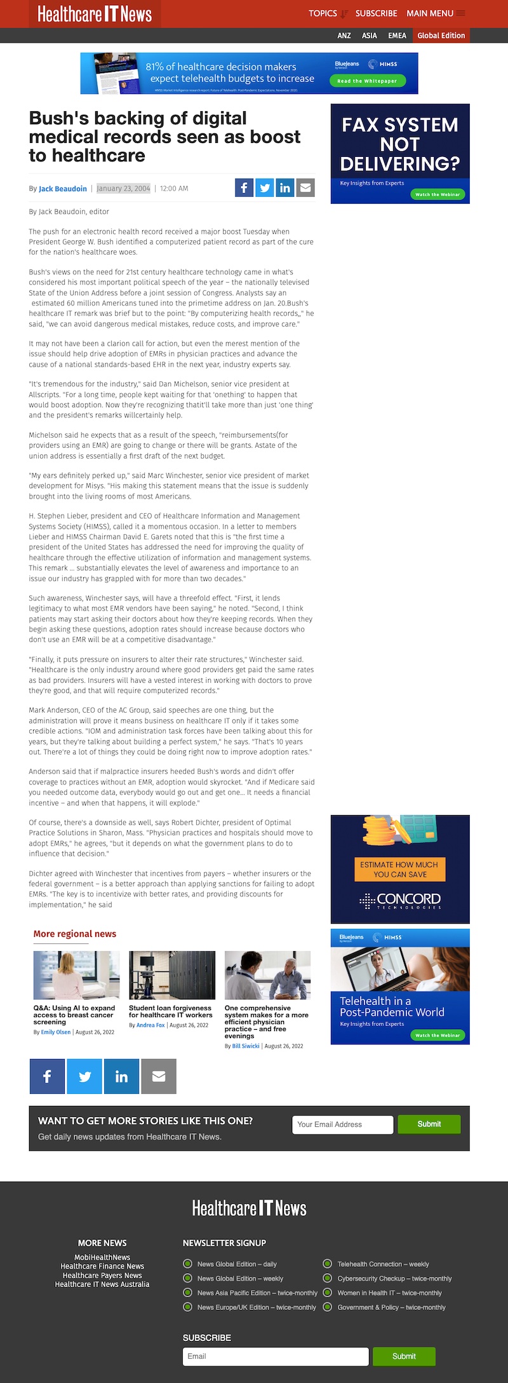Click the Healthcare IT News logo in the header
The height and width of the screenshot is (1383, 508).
pos(95,14)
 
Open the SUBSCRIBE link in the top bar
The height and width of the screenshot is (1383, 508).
pos(376,13)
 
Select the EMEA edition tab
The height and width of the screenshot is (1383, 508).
pos(397,36)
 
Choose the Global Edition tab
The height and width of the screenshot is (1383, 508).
pos(441,36)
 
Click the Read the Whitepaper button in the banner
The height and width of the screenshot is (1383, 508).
pos(367,81)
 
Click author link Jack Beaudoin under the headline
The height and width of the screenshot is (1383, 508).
pos(63,189)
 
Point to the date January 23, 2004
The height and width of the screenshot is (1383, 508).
pos(123,189)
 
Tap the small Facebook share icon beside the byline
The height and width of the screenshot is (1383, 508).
pos(244,187)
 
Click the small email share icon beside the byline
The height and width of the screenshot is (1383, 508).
pos(305,187)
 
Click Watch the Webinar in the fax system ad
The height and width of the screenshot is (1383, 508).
pos(438,194)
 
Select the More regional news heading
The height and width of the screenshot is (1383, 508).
pos(75,934)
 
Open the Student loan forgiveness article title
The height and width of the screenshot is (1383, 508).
pos(170,1011)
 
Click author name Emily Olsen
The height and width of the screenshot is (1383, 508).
pos(56,1032)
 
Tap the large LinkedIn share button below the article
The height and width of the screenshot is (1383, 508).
pos(121,1076)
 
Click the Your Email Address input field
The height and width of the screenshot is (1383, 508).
pos(342,1124)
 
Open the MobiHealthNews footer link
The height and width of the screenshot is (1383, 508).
pos(102,1257)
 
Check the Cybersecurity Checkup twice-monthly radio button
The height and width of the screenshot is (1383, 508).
pos(328,1278)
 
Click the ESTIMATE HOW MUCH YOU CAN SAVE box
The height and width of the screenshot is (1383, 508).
pos(399,869)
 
